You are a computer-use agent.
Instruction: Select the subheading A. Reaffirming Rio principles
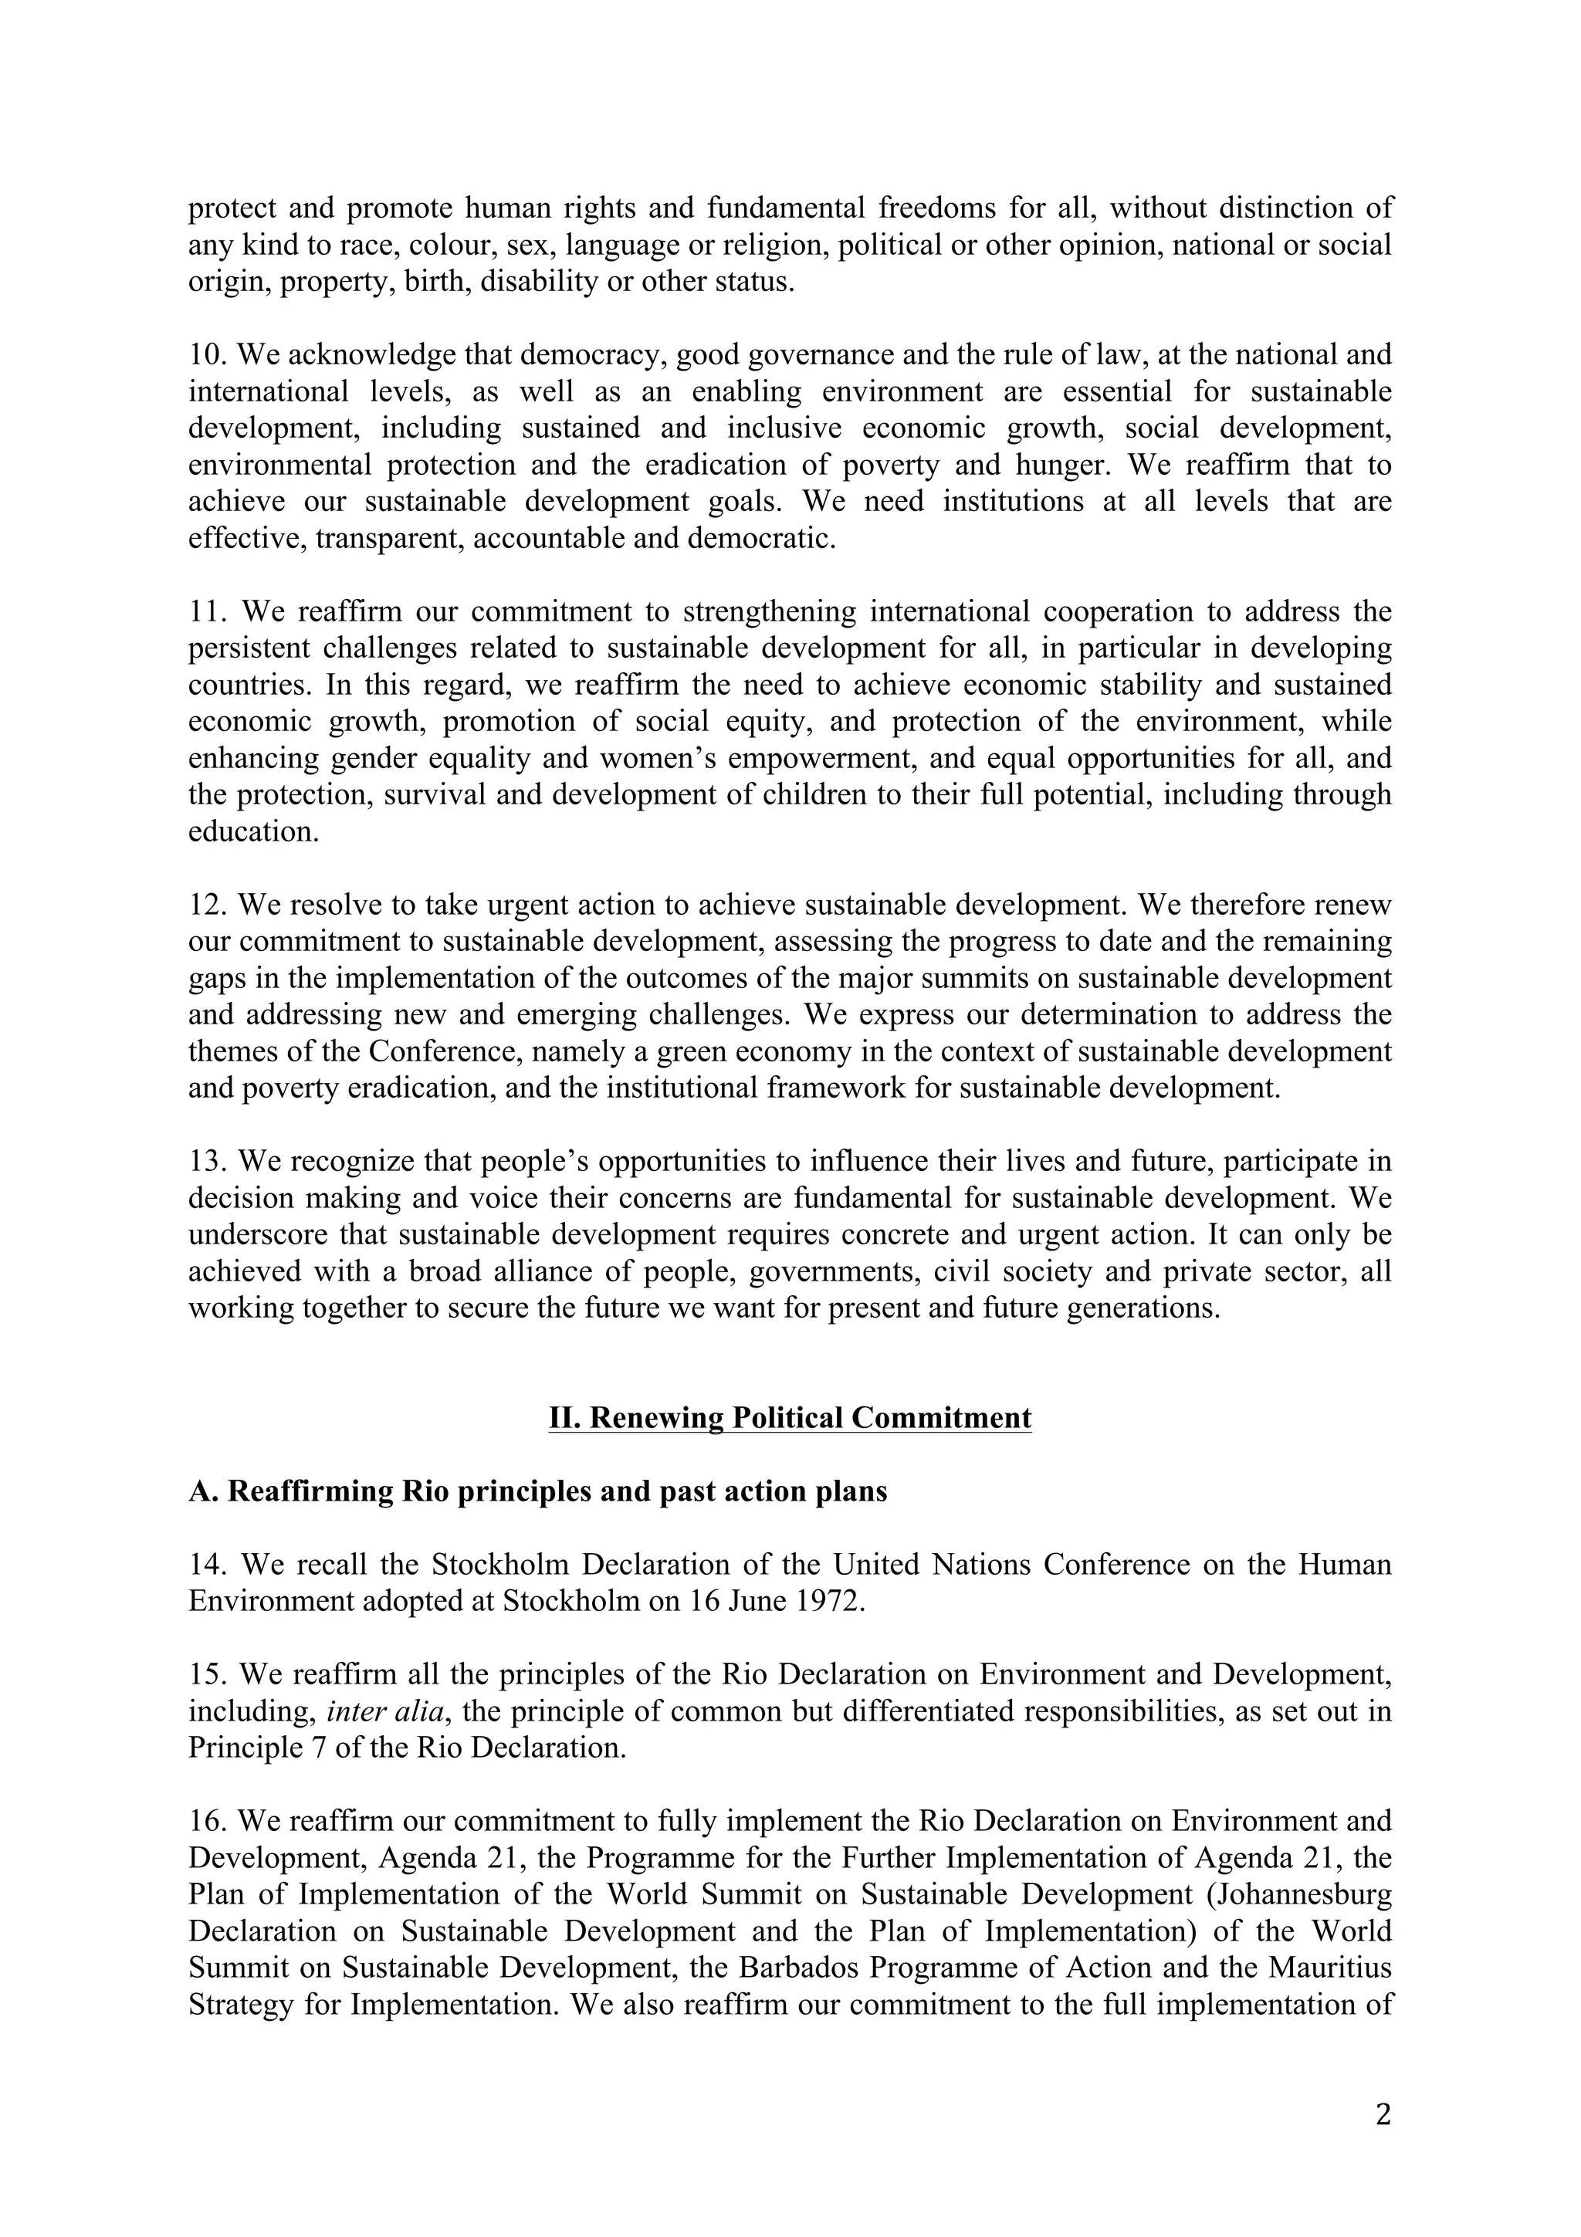tap(538, 1491)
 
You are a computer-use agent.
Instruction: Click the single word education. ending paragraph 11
tap(253, 832)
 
